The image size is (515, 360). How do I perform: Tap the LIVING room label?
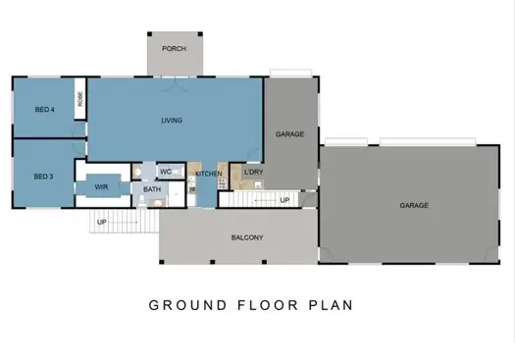(173, 121)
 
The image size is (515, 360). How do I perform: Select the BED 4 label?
(43, 109)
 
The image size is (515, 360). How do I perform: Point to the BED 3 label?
(42, 177)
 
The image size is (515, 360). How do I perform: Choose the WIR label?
(101, 186)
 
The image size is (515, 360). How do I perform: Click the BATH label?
(152, 190)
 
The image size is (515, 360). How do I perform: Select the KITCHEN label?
(208, 174)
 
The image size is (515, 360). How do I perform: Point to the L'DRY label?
(252, 174)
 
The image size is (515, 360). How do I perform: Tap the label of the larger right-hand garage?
(413, 206)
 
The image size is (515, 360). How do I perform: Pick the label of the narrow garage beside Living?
(287, 133)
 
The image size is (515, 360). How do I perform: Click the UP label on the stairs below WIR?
(100, 222)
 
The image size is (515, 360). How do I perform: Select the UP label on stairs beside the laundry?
(284, 200)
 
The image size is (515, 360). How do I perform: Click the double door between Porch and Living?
(176, 77)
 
